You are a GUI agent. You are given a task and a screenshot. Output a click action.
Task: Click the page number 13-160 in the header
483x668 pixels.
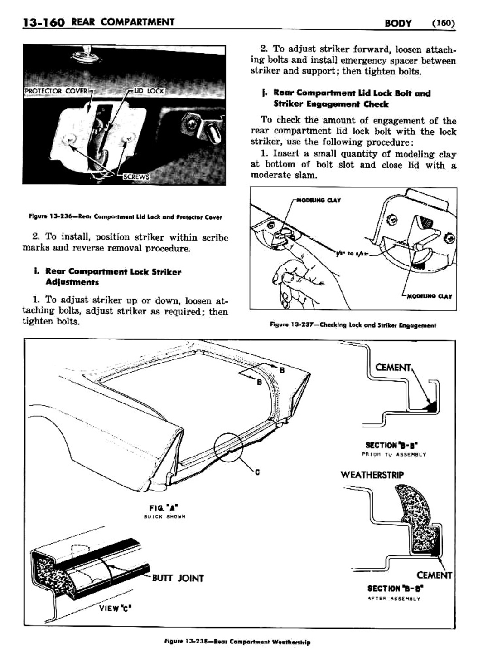pos(38,22)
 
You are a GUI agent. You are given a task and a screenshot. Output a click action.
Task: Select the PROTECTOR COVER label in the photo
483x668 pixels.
pos(56,91)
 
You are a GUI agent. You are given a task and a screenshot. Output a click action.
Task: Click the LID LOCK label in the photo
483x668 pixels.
pos(149,91)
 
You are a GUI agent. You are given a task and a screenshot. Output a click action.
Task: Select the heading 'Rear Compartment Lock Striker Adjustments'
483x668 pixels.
pos(113,277)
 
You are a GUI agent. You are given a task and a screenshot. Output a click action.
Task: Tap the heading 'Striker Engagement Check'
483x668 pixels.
pos(331,104)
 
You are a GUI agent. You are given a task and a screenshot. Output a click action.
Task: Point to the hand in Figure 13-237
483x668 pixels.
pos(299,277)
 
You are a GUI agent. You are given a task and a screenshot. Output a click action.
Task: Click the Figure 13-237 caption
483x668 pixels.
pos(353,325)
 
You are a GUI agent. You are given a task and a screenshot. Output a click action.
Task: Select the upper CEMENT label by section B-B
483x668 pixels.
pos(393,368)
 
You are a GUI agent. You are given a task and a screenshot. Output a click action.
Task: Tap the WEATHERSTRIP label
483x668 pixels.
pos(372,475)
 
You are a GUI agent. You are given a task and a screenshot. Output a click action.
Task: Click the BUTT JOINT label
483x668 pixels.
pos(178,578)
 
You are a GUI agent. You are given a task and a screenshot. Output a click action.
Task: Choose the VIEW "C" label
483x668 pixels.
pos(115,608)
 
